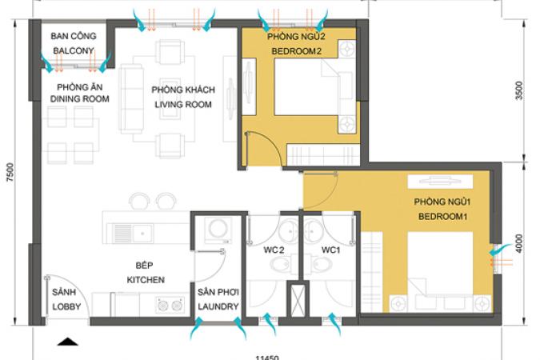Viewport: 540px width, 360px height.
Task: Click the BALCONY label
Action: (74, 50)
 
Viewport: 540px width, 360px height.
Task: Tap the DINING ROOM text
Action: (79, 99)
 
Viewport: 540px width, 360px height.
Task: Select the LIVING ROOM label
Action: (183, 104)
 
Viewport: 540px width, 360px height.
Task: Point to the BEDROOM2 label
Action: (297, 51)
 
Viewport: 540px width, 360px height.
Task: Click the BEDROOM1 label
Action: (443, 217)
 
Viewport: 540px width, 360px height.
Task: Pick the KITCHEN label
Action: (146, 280)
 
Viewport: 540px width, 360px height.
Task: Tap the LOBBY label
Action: (66, 306)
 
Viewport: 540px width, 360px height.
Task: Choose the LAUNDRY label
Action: (218, 306)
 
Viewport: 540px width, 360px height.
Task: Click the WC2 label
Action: (274, 250)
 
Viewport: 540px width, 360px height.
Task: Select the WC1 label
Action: (330, 250)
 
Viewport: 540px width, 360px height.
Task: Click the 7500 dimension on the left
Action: (10, 172)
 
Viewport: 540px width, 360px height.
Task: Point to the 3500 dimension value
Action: (519, 90)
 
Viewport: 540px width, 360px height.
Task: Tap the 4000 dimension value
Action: (519, 243)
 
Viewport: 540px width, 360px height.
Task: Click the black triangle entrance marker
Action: (67, 342)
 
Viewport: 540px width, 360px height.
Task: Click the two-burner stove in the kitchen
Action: (170, 305)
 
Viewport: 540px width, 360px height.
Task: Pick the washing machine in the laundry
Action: (218, 230)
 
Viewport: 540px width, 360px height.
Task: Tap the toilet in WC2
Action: (281, 264)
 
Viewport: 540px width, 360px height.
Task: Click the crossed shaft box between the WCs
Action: (298, 299)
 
